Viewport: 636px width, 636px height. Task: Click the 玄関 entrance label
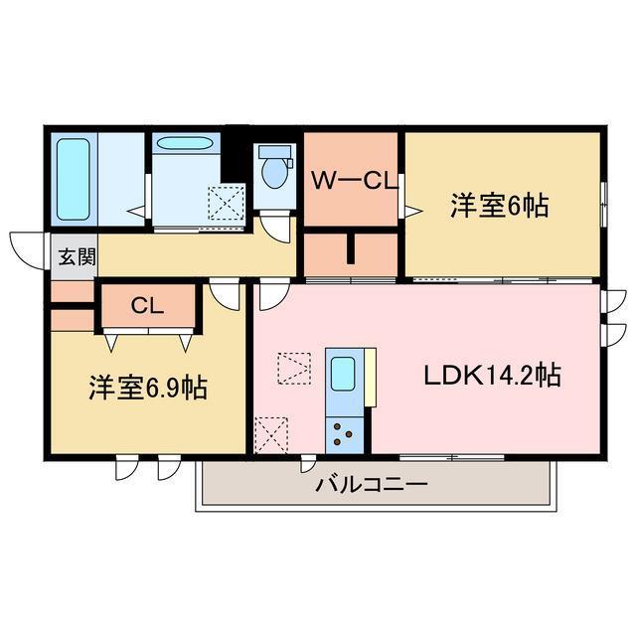click(x=76, y=258)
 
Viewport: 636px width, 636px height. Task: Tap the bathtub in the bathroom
click(x=74, y=179)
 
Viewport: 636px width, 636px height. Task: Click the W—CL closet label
click(x=353, y=181)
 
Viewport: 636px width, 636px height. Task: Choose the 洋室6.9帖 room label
click(x=146, y=389)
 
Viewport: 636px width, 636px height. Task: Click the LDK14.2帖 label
click(x=492, y=377)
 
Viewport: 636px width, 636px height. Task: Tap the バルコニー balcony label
click(x=371, y=485)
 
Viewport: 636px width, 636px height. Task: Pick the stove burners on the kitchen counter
click(x=344, y=432)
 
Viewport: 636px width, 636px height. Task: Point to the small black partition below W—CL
click(x=351, y=248)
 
